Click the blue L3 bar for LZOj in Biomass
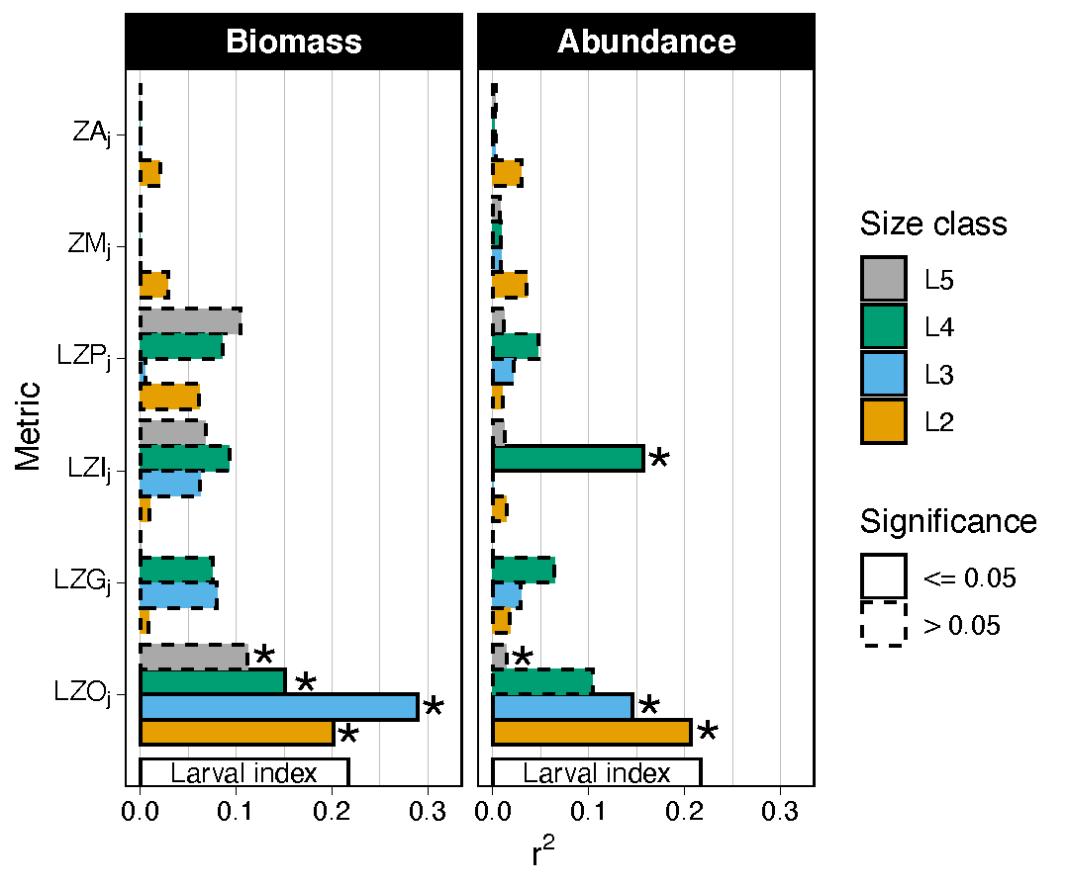pos(279,706)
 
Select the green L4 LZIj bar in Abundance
pos(568,458)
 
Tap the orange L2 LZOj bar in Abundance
pos(591,732)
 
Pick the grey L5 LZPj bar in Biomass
pos(190,321)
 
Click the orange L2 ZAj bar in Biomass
pos(149,173)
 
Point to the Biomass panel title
pos(293,42)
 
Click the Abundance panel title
pos(646,42)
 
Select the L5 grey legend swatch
pos(883,280)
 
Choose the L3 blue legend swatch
pos(883,375)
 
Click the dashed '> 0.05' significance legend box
pos(883,625)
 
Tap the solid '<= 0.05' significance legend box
pos(883,577)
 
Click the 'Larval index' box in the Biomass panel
pos(244,773)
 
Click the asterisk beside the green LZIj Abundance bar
pos(658,460)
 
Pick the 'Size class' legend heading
pos(933,224)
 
